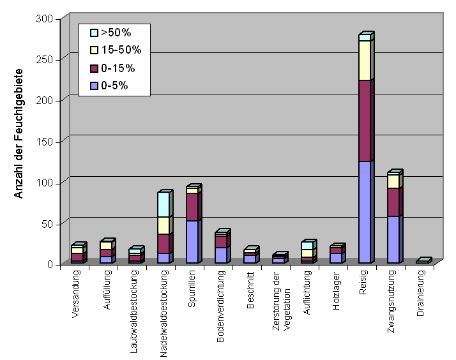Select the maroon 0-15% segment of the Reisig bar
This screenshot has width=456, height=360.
click(365, 121)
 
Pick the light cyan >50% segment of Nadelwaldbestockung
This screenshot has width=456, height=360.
click(163, 204)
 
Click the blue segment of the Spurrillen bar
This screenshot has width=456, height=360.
click(192, 242)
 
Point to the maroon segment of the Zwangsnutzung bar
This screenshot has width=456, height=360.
click(393, 202)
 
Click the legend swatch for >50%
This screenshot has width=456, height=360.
click(94, 32)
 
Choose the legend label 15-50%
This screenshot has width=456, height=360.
click(121, 50)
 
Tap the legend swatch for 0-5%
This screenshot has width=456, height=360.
click(94, 86)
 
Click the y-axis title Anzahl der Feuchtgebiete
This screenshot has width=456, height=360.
click(19, 133)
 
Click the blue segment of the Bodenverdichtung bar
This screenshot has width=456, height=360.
click(220, 255)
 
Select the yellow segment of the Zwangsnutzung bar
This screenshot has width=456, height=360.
click(393, 181)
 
